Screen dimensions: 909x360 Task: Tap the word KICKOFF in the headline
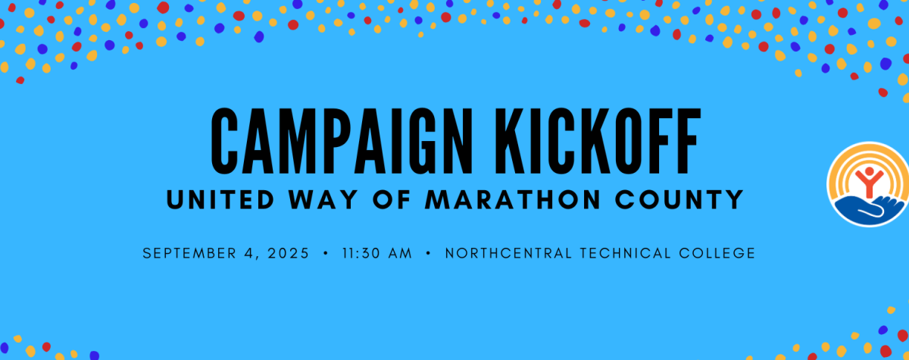pyautogui.click(x=598, y=141)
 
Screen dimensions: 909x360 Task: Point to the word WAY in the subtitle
pyautogui.click(x=323, y=199)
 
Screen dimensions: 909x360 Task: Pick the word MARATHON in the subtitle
pyautogui.click(x=513, y=199)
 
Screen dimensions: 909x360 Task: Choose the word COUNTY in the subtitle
pyautogui.click(x=679, y=199)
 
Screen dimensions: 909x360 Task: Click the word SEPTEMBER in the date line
pyautogui.click(x=189, y=253)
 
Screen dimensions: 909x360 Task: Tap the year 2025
pyautogui.click(x=289, y=253)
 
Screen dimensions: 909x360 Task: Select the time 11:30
pyautogui.click(x=361, y=253)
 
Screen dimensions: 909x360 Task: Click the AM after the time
pyautogui.click(x=400, y=253)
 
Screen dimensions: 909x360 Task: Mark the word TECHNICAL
pyautogui.click(x=626, y=253)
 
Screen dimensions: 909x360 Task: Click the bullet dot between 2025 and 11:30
pyautogui.click(x=326, y=253)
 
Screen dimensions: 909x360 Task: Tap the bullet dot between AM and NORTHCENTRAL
pyautogui.click(x=428, y=253)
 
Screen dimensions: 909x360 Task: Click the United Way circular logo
pyautogui.click(x=868, y=184)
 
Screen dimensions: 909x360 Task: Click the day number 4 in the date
pyautogui.click(x=249, y=253)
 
